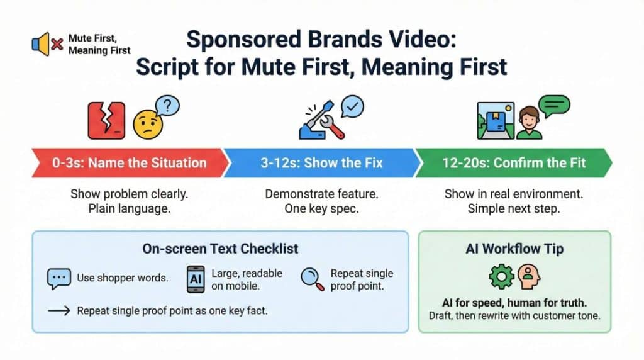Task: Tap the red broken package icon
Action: [106, 120]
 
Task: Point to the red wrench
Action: [332, 126]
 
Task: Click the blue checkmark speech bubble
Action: [352, 107]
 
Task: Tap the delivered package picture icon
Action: [496, 121]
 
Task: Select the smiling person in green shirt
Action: [529, 123]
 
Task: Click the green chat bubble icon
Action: [554, 106]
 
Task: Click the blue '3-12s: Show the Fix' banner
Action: [322, 163]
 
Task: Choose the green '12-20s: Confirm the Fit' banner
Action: [513, 163]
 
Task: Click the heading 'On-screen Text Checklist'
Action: [220, 249]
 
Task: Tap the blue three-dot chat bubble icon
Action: [58, 279]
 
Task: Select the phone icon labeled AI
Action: [196, 279]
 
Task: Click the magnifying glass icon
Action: [312, 279]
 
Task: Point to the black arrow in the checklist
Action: [59, 311]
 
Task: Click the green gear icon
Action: [501, 276]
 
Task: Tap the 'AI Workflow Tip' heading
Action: [514, 249]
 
